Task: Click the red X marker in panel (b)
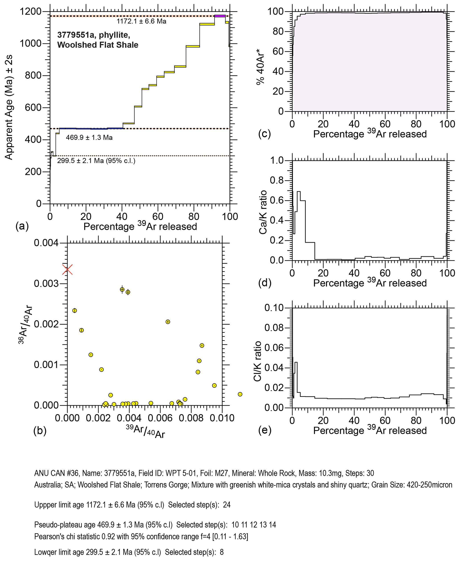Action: click(x=67, y=270)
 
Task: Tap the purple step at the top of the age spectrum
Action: click(x=220, y=16)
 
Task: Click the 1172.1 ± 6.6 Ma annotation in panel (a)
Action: click(x=142, y=21)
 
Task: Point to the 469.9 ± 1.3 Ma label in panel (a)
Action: click(x=89, y=138)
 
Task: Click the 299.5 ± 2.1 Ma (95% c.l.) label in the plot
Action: click(x=96, y=161)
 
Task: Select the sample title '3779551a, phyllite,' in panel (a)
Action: click(x=93, y=35)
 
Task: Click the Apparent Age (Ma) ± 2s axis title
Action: click(x=9, y=108)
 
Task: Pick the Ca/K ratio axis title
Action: click(x=263, y=212)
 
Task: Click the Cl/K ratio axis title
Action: click(x=257, y=361)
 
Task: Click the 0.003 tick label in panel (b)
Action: click(x=46, y=284)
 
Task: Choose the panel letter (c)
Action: click(x=265, y=134)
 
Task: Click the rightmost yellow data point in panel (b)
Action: click(x=240, y=394)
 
